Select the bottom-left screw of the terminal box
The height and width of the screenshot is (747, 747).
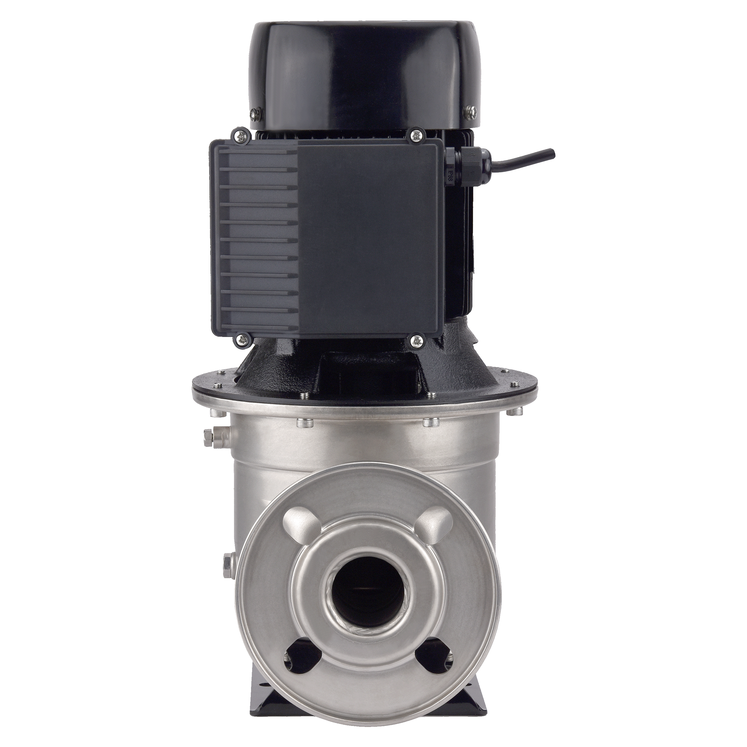[242, 339]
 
